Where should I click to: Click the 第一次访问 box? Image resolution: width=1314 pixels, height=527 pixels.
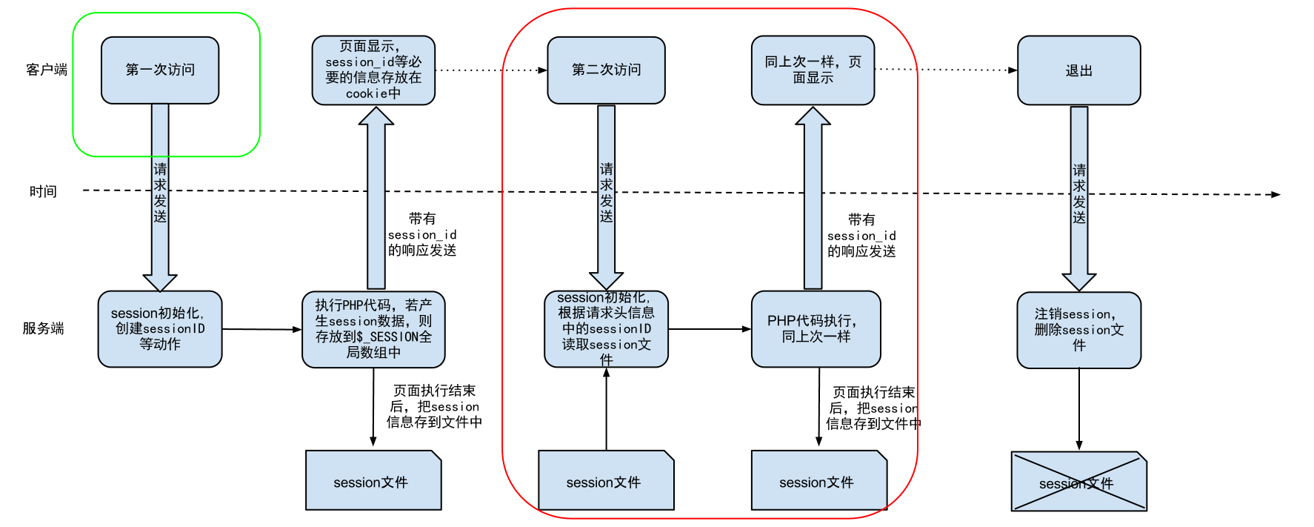click(160, 70)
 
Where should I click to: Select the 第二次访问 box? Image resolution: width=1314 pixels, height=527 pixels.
click(606, 70)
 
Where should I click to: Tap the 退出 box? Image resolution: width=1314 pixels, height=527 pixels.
click(1078, 70)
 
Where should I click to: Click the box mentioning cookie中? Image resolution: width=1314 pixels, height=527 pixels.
click(373, 70)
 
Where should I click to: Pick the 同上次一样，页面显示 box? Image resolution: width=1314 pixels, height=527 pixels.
click(813, 70)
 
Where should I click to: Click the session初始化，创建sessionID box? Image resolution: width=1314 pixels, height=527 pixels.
click(160, 328)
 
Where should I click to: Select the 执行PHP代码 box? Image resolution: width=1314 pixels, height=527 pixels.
click(373, 329)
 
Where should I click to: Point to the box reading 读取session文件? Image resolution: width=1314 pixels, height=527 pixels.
click(606, 328)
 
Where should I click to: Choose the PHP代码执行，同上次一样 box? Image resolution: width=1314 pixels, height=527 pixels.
click(816, 328)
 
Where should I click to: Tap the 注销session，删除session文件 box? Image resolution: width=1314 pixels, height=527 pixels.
click(1078, 330)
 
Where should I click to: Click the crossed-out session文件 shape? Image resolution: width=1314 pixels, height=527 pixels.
click(1078, 481)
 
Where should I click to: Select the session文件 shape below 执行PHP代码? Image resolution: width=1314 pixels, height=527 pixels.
click(373, 480)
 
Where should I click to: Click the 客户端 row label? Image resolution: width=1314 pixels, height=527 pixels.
click(47, 70)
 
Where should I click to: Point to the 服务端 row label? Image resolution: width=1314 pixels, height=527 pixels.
click(43, 328)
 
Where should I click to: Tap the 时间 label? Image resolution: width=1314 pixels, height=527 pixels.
click(43, 191)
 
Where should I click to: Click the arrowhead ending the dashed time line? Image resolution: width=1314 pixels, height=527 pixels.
click(1276, 195)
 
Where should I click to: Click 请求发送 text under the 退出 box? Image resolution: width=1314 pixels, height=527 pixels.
click(1079, 193)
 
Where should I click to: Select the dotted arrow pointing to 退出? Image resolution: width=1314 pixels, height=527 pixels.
click(946, 70)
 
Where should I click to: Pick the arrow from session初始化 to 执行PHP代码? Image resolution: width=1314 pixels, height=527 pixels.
click(262, 329)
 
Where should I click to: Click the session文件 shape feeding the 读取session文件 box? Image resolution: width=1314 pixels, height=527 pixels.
click(606, 480)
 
